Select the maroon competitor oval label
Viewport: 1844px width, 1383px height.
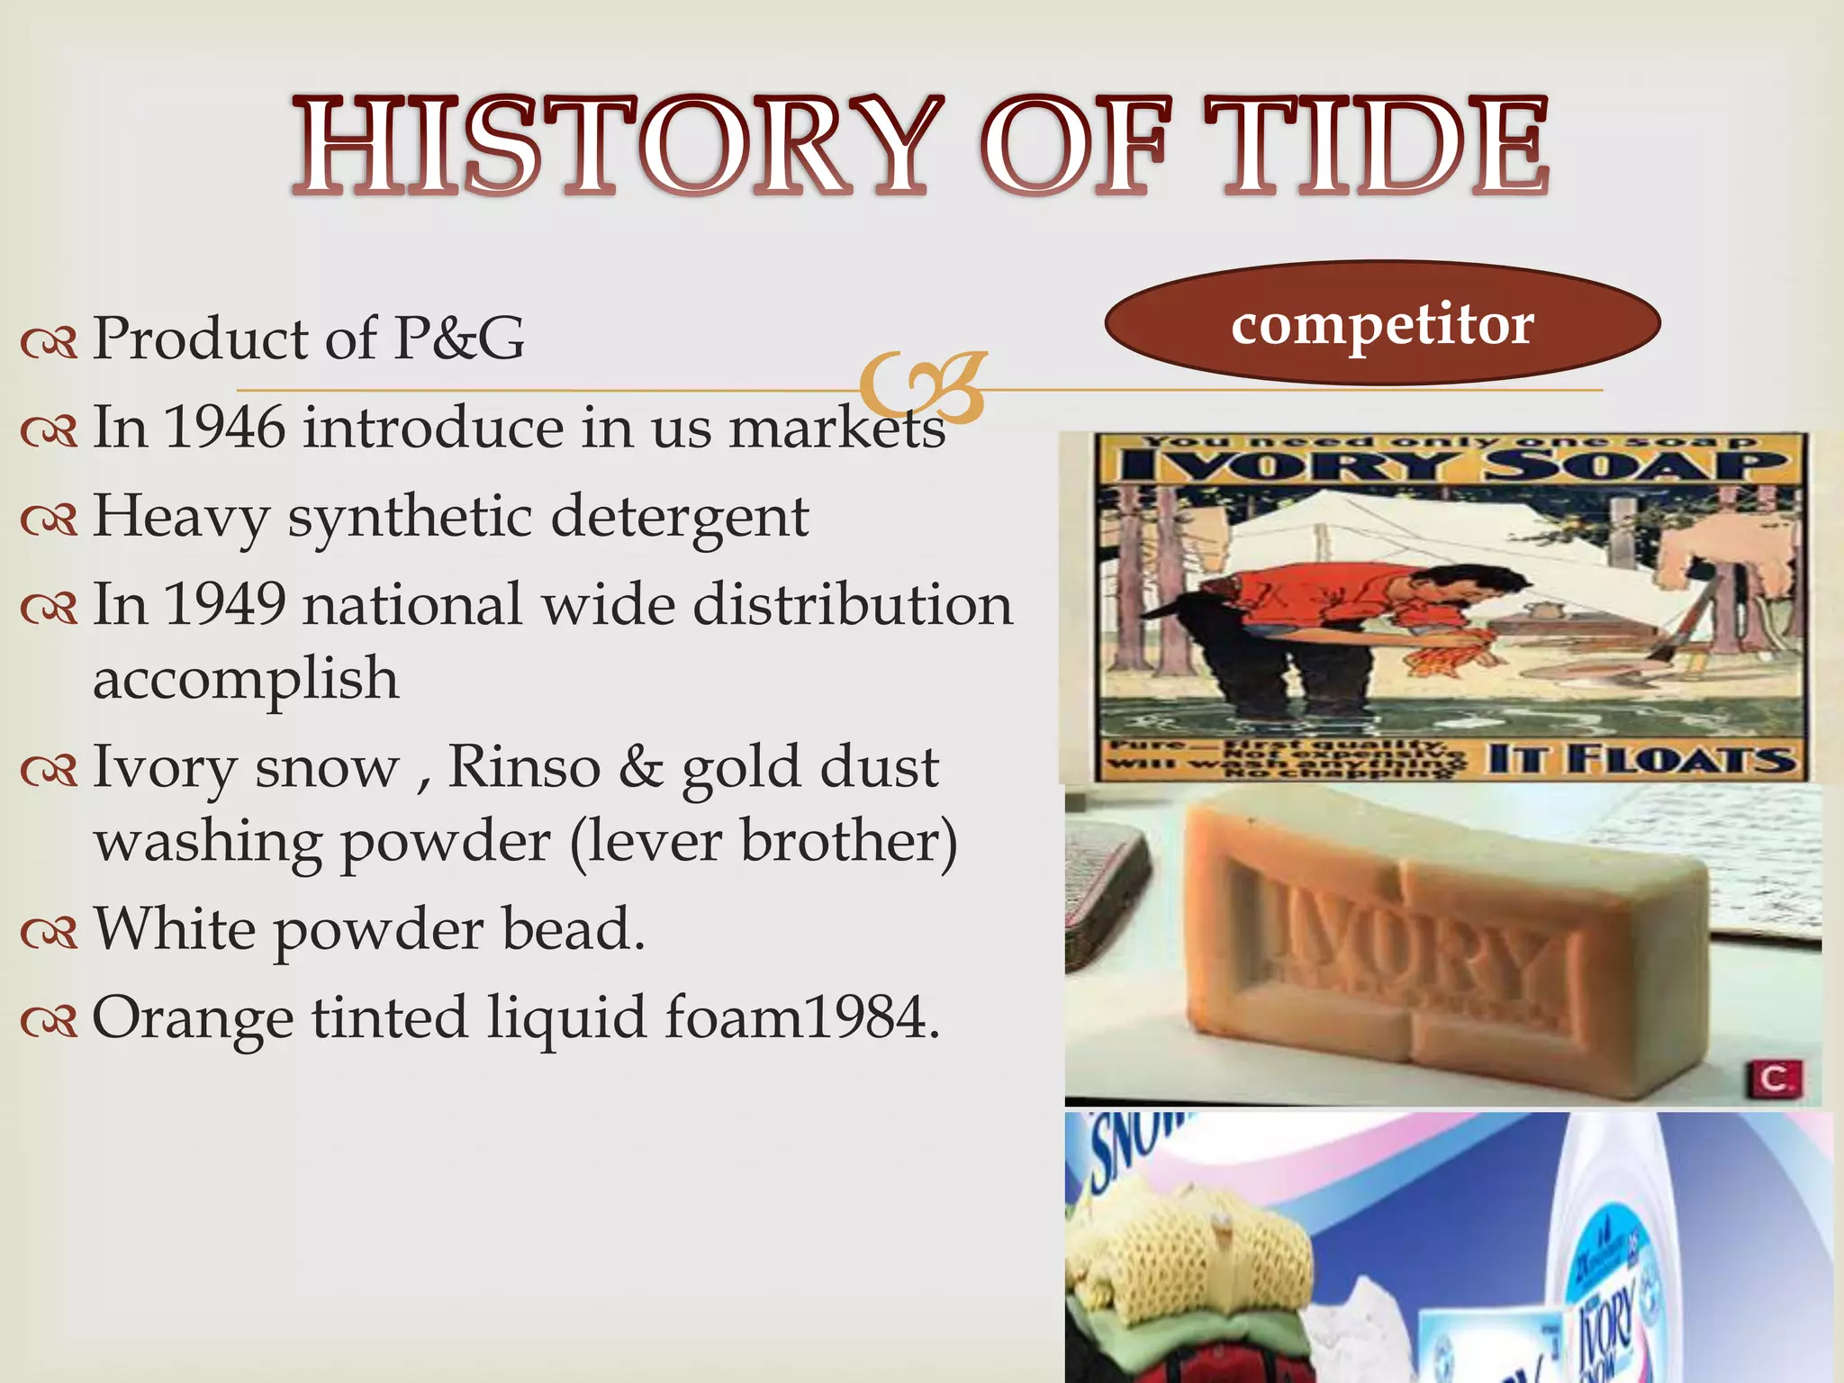pos(1382,323)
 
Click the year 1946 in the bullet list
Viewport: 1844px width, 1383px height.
pos(225,427)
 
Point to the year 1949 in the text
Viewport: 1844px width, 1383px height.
pos(225,604)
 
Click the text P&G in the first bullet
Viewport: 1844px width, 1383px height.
pos(459,339)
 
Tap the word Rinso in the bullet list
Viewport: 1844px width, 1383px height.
pos(524,767)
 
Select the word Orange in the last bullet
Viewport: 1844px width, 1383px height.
pos(193,1018)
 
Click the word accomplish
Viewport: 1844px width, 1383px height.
pos(246,678)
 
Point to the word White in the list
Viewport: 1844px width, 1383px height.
pos(175,928)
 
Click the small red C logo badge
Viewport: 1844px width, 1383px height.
pos(1775,1079)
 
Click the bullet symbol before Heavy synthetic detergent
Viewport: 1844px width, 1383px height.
pos(50,520)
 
